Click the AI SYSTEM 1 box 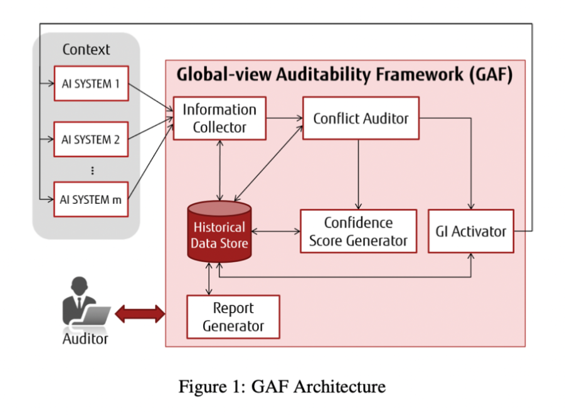92,83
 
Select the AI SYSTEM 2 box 91,139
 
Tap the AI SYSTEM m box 91,199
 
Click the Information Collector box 220,118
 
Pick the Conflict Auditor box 361,118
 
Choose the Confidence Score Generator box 358,231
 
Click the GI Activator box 471,231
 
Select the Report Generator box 233,317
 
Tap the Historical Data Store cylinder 220,232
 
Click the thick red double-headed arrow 140,313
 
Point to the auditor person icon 86,303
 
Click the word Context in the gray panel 86,50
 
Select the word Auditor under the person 85,339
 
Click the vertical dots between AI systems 93,171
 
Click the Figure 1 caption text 282,386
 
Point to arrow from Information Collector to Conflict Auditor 284,118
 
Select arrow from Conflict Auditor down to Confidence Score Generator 358,174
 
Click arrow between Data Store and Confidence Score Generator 276,231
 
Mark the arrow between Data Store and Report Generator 209,279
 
